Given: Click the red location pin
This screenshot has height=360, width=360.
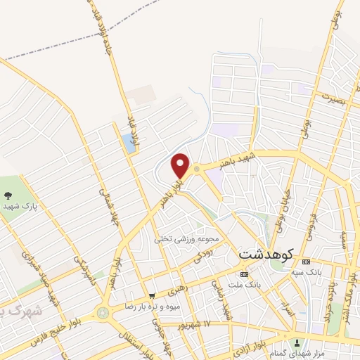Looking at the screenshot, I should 181,166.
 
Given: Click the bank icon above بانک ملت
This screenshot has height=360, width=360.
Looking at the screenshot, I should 244,273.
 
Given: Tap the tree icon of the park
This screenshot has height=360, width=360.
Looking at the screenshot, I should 8,195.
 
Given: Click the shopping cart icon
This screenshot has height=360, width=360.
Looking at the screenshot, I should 152,297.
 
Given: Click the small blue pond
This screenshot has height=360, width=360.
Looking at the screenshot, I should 129,143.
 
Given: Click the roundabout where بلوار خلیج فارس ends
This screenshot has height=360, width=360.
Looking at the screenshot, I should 103,311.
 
